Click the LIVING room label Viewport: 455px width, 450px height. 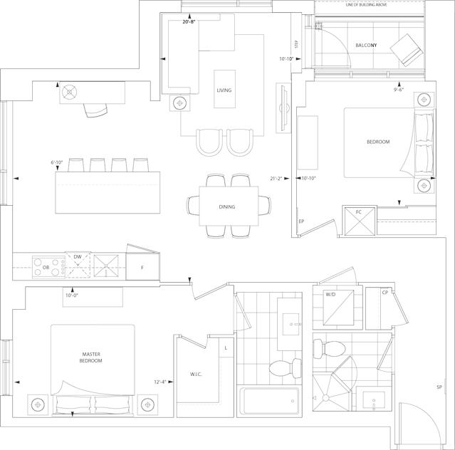click(224, 90)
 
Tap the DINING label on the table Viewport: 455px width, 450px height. click(227, 207)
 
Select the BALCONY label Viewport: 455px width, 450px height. click(366, 46)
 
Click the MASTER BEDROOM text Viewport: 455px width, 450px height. click(91, 357)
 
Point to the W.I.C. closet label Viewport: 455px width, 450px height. click(196, 375)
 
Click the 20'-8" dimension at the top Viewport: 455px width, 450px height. click(188, 21)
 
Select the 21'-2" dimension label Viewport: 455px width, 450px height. click(276, 179)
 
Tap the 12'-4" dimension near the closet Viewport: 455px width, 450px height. click(160, 382)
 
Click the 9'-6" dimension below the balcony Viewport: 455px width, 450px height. click(399, 90)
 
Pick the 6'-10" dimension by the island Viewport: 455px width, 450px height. click(57, 162)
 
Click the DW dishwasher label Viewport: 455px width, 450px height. click(78, 257)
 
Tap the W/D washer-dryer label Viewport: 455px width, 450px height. click(330, 295)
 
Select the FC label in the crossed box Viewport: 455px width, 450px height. click(359, 212)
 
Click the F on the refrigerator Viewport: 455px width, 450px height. click(142, 268)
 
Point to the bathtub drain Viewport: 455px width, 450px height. click(293, 401)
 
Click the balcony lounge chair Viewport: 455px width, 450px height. click(407, 50)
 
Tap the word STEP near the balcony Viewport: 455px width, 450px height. click(296, 44)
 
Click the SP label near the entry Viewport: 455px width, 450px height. click(439, 387)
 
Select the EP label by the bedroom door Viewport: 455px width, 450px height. click(301, 221)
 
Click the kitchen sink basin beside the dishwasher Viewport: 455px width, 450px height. click(106, 266)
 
